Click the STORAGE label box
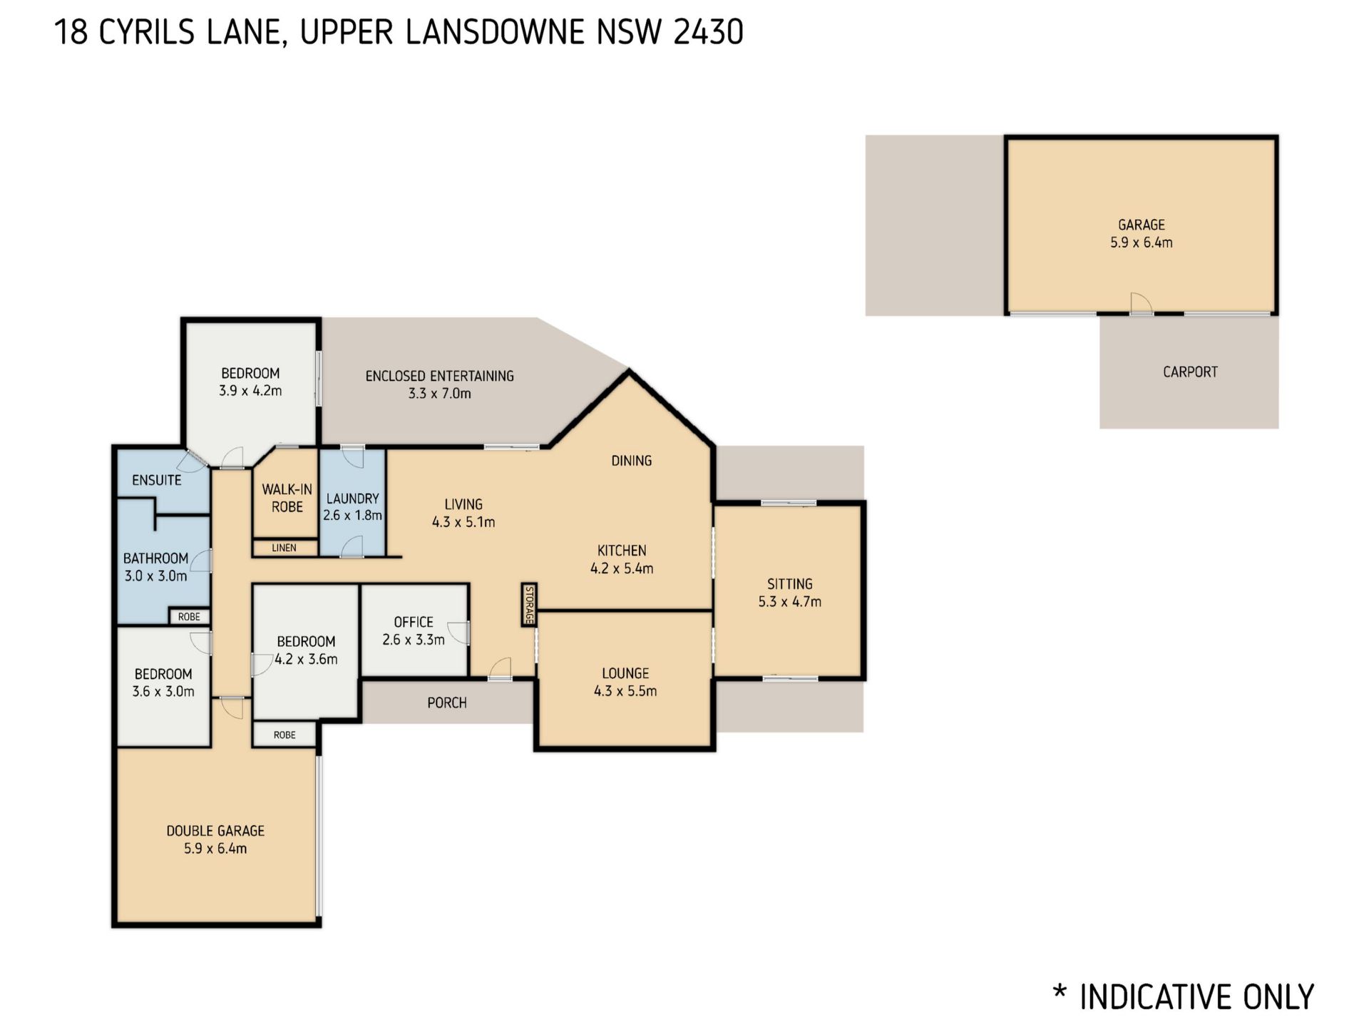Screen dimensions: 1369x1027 (x=528, y=605)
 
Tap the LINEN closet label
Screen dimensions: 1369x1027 (x=284, y=548)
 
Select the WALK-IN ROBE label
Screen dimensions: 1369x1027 (x=287, y=498)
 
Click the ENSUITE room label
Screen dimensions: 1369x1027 (x=157, y=480)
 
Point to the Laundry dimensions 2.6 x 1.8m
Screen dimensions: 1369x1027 (x=352, y=515)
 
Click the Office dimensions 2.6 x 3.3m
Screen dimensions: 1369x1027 (x=414, y=640)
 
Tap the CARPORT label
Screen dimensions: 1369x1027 (x=1190, y=372)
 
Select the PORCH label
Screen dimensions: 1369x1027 (x=447, y=702)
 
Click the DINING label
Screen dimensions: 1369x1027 (x=632, y=461)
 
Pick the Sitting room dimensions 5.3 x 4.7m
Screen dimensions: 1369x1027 (x=789, y=601)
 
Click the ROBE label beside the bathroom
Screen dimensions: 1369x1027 (x=189, y=617)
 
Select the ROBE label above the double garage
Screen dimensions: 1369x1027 (x=284, y=735)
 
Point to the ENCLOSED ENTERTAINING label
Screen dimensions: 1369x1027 (x=439, y=376)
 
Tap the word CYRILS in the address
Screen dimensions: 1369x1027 (x=147, y=32)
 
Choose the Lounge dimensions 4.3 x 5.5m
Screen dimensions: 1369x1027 (x=625, y=690)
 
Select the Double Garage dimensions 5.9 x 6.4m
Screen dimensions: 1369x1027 (x=215, y=848)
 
